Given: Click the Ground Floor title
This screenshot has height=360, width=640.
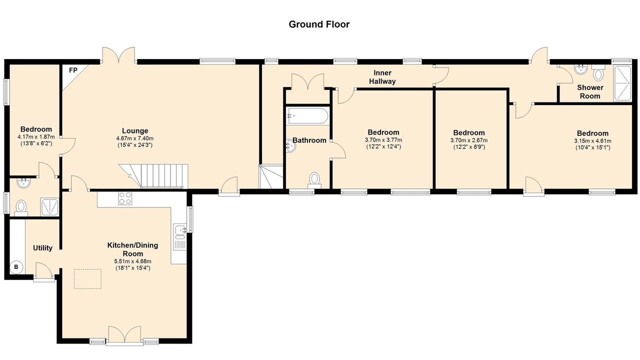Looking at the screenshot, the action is [x=319, y=24].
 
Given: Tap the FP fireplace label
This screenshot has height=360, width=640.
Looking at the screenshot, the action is [x=73, y=70].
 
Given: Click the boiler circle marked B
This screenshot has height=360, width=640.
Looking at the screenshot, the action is [x=16, y=267].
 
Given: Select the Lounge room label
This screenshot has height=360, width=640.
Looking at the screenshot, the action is [x=135, y=131].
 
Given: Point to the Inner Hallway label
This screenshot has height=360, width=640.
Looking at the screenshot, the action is [x=382, y=77].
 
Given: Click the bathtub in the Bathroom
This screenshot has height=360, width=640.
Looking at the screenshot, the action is [x=307, y=115].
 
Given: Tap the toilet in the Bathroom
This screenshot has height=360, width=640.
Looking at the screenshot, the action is [x=314, y=180].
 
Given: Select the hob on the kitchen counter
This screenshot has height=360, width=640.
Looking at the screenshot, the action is [x=125, y=198].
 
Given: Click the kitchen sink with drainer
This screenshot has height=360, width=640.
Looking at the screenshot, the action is [x=180, y=237].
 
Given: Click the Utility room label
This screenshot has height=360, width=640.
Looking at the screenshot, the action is [x=42, y=248].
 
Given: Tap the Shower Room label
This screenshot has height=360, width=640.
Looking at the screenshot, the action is [x=590, y=91].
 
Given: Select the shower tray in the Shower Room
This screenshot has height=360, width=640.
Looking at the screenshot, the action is [x=622, y=83].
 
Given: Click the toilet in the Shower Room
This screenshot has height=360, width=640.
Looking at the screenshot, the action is [x=598, y=72].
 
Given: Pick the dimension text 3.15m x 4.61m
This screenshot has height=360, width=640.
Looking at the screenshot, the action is [x=592, y=141].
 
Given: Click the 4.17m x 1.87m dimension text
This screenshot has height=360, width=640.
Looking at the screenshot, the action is [x=36, y=137].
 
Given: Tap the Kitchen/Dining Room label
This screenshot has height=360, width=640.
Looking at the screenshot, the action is [x=132, y=249].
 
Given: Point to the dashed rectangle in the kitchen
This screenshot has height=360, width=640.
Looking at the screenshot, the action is [x=87, y=279].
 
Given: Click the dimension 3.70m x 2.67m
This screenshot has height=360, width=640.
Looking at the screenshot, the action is [x=469, y=140].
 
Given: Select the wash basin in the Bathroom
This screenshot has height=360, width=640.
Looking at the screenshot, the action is [x=290, y=145].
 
